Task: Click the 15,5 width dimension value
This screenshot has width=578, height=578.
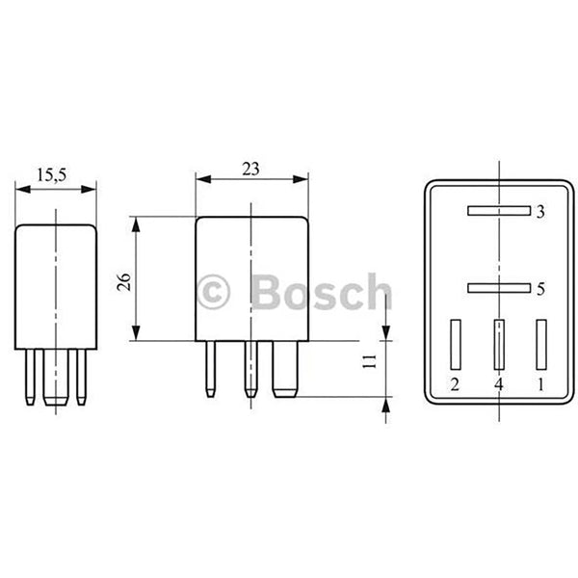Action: pos(51,175)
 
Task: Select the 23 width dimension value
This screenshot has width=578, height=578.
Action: pos(250,169)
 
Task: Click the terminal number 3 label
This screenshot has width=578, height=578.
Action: pos(540,211)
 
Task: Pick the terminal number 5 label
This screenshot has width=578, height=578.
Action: pos(540,288)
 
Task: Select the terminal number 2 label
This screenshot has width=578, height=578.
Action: pos(454,385)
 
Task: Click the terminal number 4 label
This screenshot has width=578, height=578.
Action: pos(498,385)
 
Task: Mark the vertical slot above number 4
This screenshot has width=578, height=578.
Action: pos(498,343)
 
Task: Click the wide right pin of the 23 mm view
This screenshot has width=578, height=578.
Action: pos(286,371)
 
